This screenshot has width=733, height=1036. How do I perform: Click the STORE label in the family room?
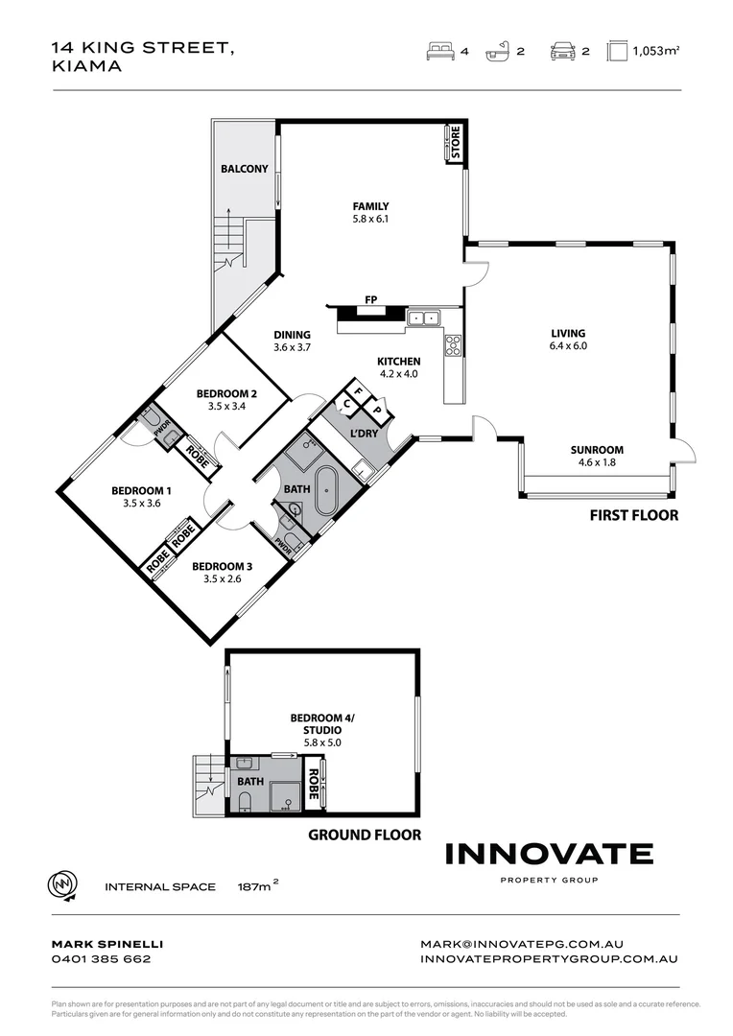click(x=456, y=144)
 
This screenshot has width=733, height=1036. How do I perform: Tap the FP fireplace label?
click(x=370, y=300)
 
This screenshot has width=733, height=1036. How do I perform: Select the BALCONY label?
click(x=245, y=169)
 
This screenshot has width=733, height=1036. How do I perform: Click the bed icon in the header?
click(x=440, y=52)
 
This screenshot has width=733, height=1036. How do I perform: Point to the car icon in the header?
click(x=561, y=52)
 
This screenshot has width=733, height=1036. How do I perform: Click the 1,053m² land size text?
click(x=655, y=53)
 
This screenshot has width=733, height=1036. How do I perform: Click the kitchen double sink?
click(x=422, y=317)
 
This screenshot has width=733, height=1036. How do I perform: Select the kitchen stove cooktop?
click(x=453, y=345)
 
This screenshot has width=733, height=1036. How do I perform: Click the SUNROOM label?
click(x=597, y=449)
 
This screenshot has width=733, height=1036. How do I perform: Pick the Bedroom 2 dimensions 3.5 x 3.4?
click(x=226, y=406)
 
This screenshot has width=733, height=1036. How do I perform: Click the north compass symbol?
click(x=62, y=885)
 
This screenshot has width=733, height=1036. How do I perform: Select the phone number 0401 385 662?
click(x=101, y=958)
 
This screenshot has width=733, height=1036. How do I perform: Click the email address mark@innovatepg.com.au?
click(x=550, y=944)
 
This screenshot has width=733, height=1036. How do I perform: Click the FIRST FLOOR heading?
click(x=633, y=515)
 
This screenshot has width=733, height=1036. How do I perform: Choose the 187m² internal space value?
click(x=257, y=886)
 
